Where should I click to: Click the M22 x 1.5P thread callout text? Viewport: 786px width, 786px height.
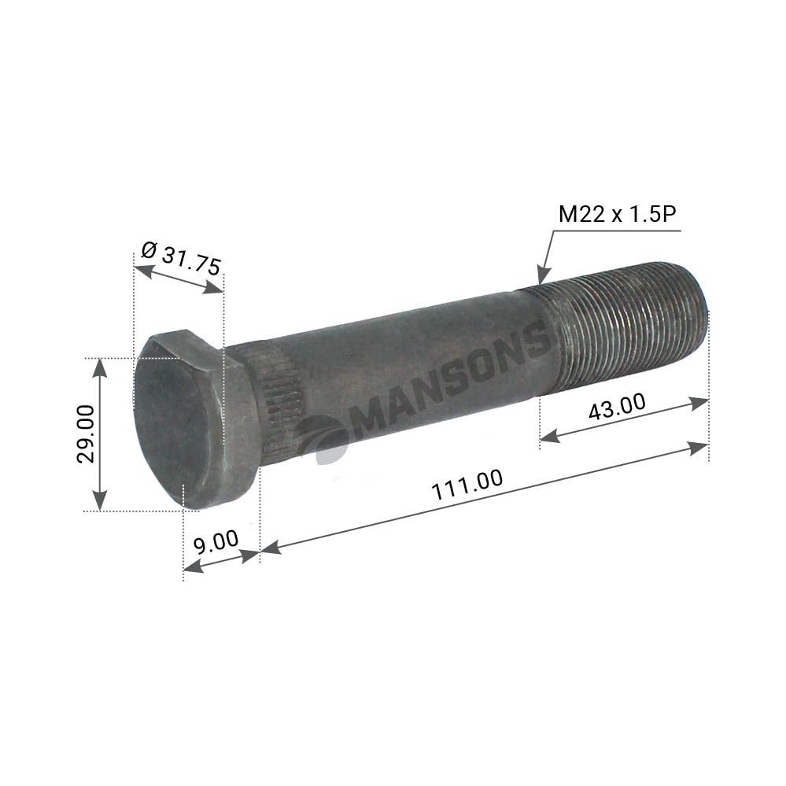coord(617,214)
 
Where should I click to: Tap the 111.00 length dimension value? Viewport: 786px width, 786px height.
coord(467,484)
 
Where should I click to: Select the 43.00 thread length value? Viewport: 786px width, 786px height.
coord(617,407)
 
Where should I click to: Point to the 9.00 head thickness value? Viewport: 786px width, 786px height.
coord(216,542)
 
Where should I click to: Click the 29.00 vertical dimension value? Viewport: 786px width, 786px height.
coord(85,434)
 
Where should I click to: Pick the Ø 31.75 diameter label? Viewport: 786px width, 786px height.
coord(181,258)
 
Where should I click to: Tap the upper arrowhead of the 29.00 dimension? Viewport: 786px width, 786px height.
coord(100,368)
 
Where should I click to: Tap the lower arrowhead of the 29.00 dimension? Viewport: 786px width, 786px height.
coord(100,500)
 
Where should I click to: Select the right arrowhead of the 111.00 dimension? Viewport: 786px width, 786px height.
coord(699,448)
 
